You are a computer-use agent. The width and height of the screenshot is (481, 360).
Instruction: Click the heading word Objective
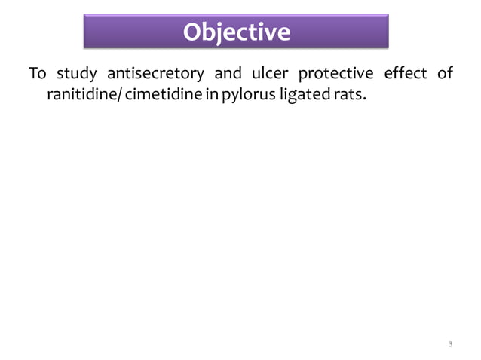(237, 32)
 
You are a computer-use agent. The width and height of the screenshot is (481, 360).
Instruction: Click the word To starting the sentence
(38, 74)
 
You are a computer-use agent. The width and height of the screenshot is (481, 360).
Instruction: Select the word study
(75, 74)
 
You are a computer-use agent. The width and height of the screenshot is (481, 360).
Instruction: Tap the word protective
(332, 74)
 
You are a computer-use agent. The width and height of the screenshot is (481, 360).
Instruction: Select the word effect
(402, 74)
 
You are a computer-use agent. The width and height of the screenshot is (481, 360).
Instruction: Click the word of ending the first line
(445, 74)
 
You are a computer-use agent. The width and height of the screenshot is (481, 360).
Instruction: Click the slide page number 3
(450, 345)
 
